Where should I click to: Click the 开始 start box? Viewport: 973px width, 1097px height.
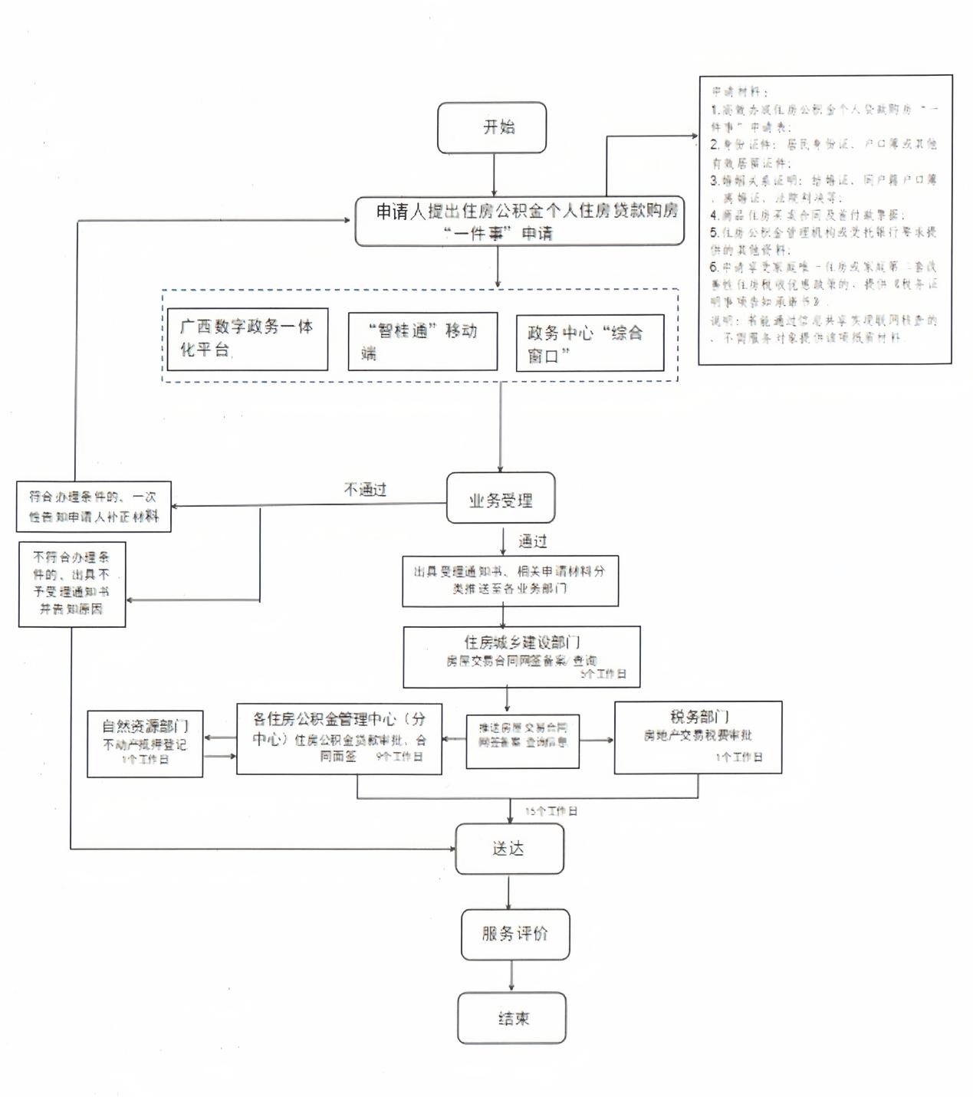point(491,127)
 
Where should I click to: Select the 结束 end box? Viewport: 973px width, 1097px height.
point(511,1018)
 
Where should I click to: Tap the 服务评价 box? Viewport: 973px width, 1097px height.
point(514,934)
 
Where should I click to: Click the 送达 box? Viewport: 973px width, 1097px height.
point(509,849)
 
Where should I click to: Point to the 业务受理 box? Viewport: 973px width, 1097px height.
point(501,499)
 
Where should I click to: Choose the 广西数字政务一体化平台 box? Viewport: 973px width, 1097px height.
point(247,339)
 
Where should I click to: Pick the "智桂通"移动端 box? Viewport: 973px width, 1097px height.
point(422,341)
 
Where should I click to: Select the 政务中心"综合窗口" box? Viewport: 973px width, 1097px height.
point(589,343)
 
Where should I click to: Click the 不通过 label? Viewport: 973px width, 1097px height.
point(366,489)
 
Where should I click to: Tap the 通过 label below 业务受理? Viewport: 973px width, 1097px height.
point(532,541)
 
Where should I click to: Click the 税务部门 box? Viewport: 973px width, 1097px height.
point(698,736)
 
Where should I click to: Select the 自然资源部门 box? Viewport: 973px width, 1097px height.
point(145,743)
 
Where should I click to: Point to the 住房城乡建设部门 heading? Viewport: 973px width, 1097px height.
point(521,642)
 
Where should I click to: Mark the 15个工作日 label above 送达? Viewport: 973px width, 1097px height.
point(551,810)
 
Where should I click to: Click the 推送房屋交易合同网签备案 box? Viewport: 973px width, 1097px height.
point(522,741)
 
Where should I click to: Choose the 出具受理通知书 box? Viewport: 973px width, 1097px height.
point(510,580)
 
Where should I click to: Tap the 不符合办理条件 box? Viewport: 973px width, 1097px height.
point(72,584)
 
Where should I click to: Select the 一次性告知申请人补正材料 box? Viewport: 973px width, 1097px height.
point(94,507)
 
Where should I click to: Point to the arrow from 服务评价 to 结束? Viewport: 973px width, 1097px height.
point(511,975)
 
